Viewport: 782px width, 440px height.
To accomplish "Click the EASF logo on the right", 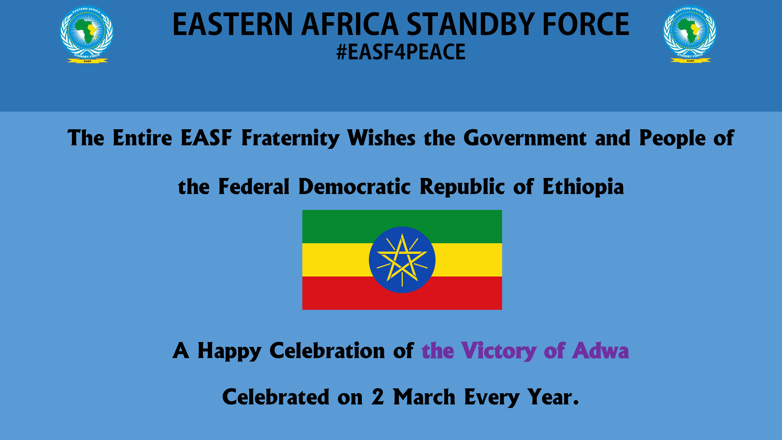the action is pos(690,34).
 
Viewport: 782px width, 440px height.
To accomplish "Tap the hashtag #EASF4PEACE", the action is pos(401,52).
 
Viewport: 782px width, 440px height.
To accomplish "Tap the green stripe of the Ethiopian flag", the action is pos(402,226).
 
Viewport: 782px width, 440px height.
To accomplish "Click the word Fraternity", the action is pos(290,138).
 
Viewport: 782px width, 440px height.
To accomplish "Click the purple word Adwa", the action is pos(600,351).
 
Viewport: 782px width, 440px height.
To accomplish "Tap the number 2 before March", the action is pos(378,397).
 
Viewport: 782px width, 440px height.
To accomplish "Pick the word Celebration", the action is pos(327,351).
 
